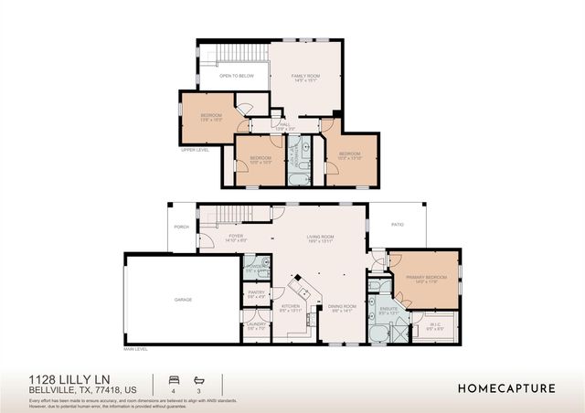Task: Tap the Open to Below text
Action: [237, 76]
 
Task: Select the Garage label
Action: [184, 300]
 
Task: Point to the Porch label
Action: [181, 228]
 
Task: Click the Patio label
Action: [398, 224]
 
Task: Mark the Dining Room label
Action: [342, 307]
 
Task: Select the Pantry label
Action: [256, 293]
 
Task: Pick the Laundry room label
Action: [256, 325]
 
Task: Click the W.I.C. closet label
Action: [434, 323]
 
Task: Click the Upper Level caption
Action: [195, 150]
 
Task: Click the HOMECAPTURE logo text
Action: [506, 388]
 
